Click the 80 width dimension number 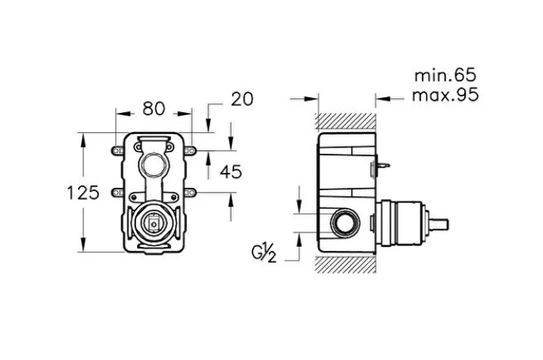[154, 106]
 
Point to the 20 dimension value [241, 99]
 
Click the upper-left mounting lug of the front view [116, 149]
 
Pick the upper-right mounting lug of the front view [192, 149]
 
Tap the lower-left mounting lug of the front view [116, 192]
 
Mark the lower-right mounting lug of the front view [192, 192]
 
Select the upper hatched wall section [346, 121]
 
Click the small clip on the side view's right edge [381, 167]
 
